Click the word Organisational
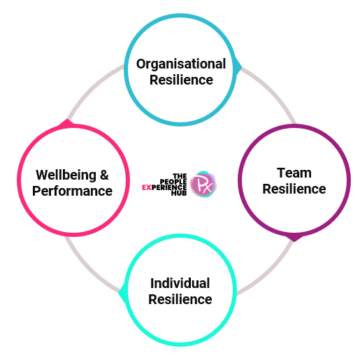[181, 64]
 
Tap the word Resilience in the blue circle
[181, 80]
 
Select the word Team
[294, 173]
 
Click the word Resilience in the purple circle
[294, 189]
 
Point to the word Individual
[180, 283]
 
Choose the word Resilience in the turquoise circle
[180, 299]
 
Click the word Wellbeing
[66, 175]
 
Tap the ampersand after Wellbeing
[104, 175]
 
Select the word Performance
[72, 191]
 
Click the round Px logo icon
[203, 184]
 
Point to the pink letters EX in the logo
[147, 187]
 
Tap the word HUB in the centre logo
[179, 193]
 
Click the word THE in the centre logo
[180, 176]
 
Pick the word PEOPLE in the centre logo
[173, 182]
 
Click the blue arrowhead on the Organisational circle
[238, 67]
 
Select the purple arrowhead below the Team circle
[294, 238]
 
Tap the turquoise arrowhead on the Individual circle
[122, 293]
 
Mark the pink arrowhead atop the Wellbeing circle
[67, 123]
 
